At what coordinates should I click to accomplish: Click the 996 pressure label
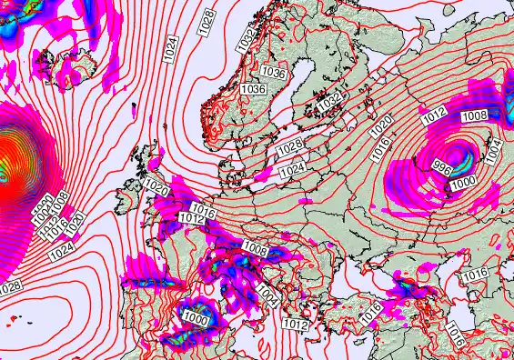click(x=443, y=167)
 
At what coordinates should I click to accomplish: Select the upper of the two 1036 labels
click(x=272, y=72)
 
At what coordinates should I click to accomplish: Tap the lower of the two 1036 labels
click(x=254, y=89)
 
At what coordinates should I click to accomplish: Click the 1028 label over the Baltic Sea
click(x=290, y=147)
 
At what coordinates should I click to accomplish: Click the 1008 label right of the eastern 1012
click(x=475, y=115)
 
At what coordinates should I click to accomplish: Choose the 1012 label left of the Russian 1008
click(x=434, y=115)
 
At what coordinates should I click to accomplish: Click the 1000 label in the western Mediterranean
click(x=196, y=317)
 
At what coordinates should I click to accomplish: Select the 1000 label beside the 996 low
click(x=463, y=182)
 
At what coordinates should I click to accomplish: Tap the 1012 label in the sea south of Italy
click(x=294, y=323)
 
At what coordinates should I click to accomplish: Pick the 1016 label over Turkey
click(x=370, y=314)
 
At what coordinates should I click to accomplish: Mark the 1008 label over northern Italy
click(x=255, y=249)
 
